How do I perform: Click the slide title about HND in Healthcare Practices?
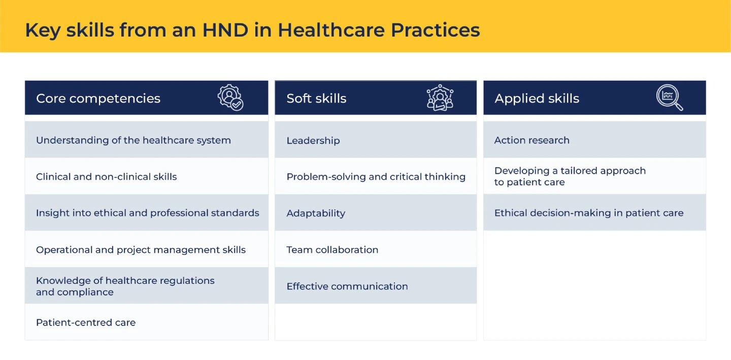pyautogui.click(x=252, y=30)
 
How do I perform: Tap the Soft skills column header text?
pyautogui.click(x=316, y=98)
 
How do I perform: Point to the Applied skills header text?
pyautogui.click(x=537, y=98)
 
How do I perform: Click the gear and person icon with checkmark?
pyautogui.click(x=230, y=97)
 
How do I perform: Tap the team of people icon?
pyautogui.click(x=440, y=97)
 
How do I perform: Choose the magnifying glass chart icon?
pyautogui.click(x=670, y=97)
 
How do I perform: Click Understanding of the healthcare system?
pyautogui.click(x=134, y=140)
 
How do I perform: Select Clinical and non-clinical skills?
pyautogui.click(x=107, y=177)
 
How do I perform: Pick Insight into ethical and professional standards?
pyautogui.click(x=148, y=213)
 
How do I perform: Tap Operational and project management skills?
pyautogui.click(x=141, y=250)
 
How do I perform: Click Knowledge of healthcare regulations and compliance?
pyautogui.click(x=125, y=286)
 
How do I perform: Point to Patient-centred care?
pyautogui.click(x=86, y=322)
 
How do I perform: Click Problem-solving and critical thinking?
pyautogui.click(x=376, y=177)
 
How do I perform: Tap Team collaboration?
pyautogui.click(x=333, y=250)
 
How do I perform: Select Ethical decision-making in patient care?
pyautogui.click(x=589, y=213)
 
